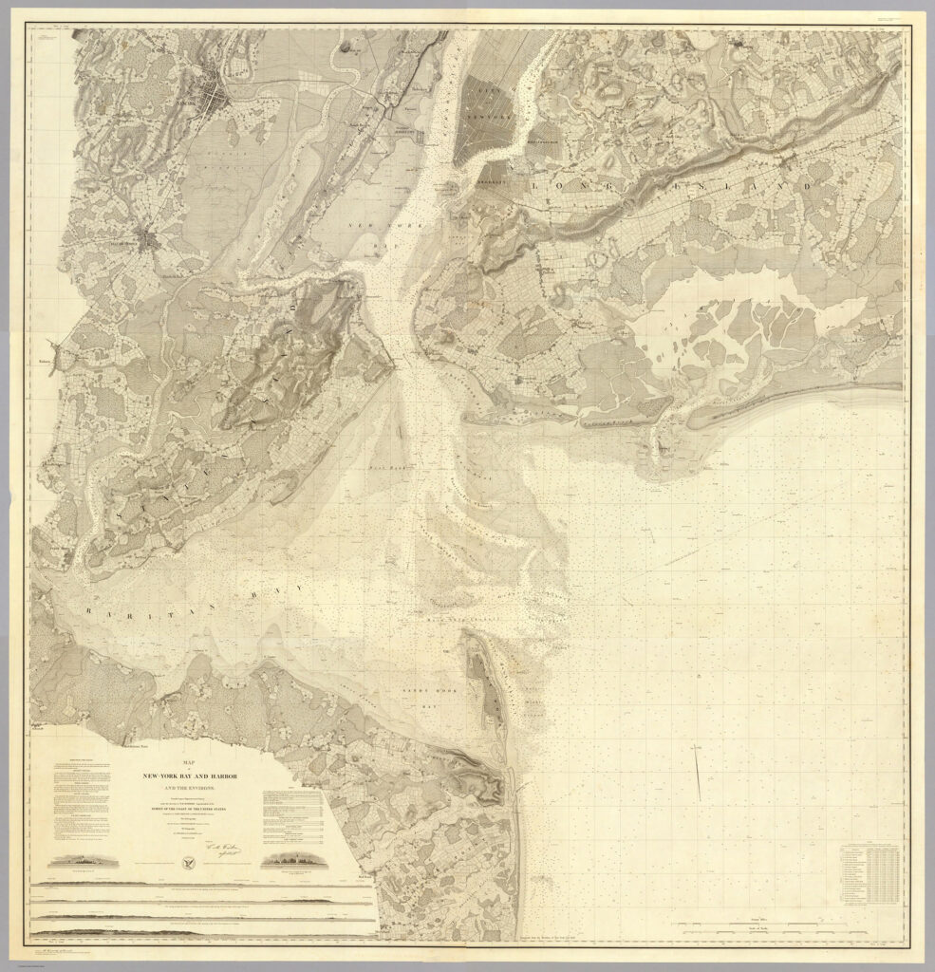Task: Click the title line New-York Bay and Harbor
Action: [188, 777]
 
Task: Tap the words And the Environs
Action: [188, 790]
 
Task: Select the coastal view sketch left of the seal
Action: [90, 862]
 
